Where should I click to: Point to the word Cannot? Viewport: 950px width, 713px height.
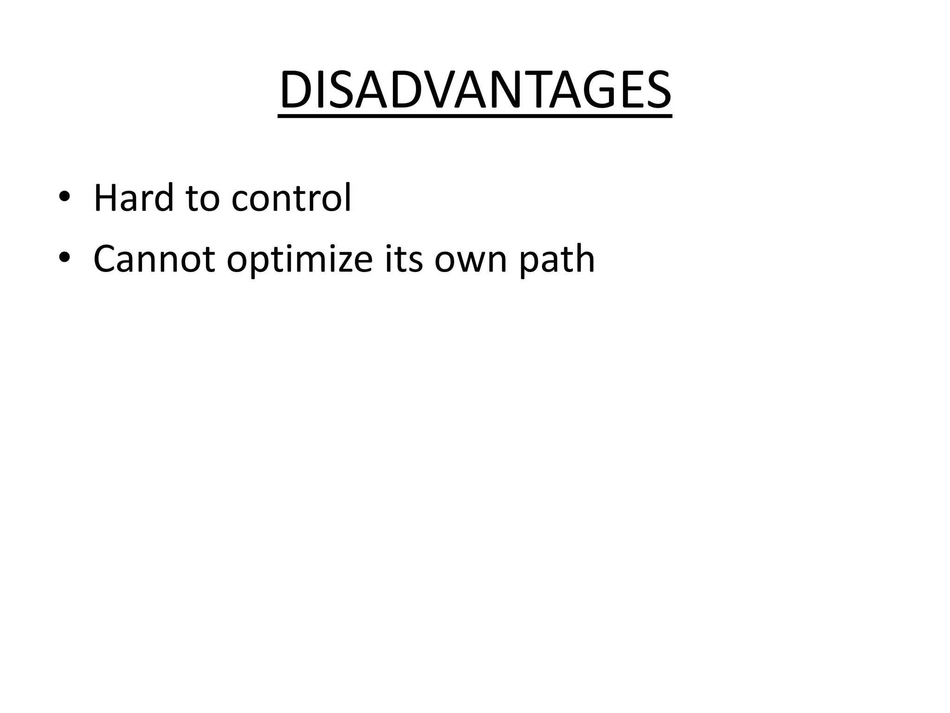point(154,259)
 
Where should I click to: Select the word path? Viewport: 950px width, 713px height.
point(556,260)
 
